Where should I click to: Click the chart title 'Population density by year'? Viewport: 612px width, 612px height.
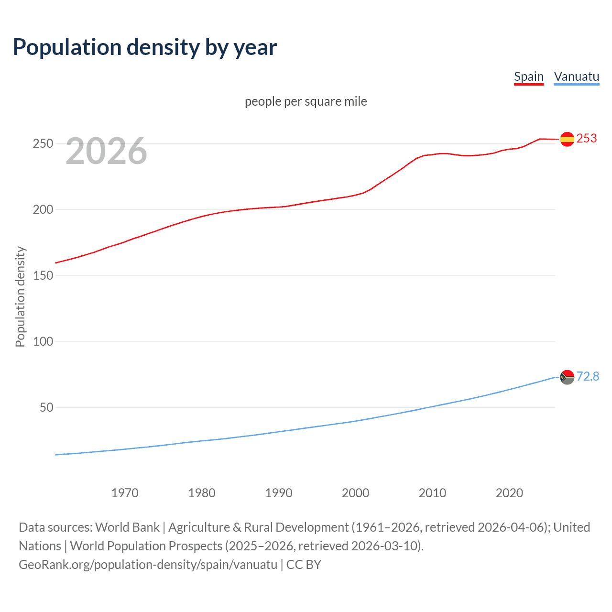(x=145, y=47)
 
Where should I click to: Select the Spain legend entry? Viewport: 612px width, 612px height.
(x=528, y=76)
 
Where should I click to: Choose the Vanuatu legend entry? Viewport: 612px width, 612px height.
(x=576, y=76)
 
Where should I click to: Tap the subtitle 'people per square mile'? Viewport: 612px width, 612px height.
(x=306, y=101)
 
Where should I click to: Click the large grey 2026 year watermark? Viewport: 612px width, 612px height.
(x=106, y=151)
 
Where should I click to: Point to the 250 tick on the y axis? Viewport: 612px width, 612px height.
(x=43, y=143)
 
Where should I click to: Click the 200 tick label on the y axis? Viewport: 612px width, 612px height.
(x=43, y=209)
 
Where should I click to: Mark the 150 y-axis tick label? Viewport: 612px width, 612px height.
(x=43, y=275)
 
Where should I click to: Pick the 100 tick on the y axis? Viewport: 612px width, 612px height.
(x=43, y=341)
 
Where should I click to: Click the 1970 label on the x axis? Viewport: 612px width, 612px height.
(x=125, y=493)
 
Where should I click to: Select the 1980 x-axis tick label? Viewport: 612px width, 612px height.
(x=202, y=493)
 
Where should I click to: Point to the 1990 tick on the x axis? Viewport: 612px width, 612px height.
(x=279, y=493)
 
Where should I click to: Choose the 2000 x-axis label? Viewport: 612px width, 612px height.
(x=355, y=493)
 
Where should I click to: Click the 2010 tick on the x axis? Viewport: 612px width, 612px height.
(x=432, y=493)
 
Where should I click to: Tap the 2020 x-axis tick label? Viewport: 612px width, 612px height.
(x=509, y=493)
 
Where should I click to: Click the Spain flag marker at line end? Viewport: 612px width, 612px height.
(x=567, y=139)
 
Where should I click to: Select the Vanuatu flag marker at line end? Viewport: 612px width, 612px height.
(x=567, y=377)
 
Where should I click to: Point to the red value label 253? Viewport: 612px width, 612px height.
(x=587, y=138)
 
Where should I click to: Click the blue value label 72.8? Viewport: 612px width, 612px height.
(x=588, y=376)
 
